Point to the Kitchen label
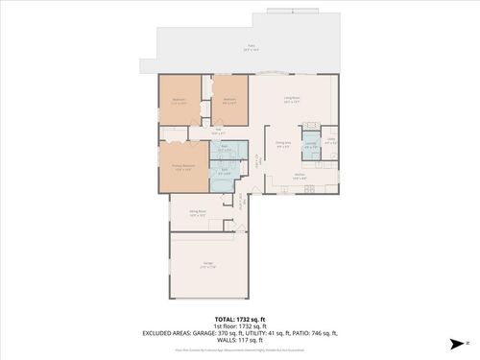point(300,176)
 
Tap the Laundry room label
point(310,145)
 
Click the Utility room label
point(330,141)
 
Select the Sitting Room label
point(198,214)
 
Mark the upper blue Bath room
point(224,150)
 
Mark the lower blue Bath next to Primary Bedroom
point(224,173)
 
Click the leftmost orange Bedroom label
point(179,101)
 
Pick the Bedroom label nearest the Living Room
point(230,101)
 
